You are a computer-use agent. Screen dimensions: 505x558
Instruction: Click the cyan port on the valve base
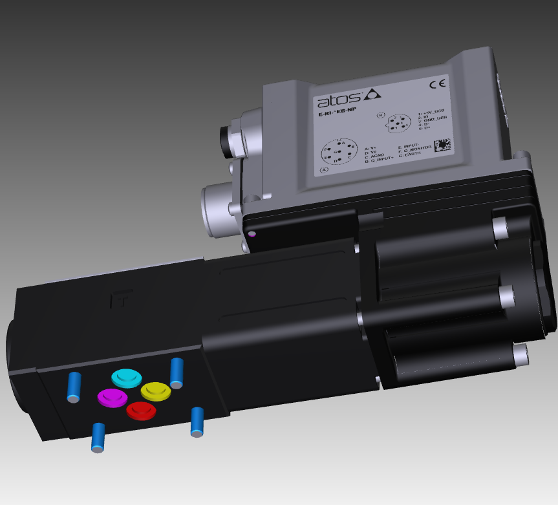click(x=126, y=377)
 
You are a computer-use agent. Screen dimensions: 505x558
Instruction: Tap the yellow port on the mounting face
click(x=155, y=391)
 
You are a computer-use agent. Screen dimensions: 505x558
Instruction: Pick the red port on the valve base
click(x=140, y=410)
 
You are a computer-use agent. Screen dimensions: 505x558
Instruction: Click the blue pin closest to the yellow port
click(x=176, y=374)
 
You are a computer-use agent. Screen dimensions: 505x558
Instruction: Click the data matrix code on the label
click(x=442, y=145)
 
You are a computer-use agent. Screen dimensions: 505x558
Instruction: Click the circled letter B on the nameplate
click(x=380, y=115)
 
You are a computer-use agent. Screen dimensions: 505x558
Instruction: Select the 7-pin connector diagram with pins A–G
click(x=339, y=153)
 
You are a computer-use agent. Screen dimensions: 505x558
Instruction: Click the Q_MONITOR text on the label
click(x=418, y=151)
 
